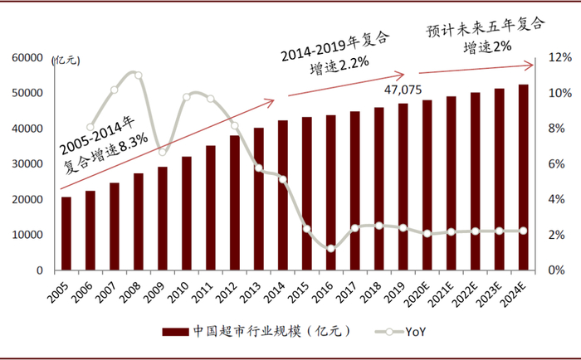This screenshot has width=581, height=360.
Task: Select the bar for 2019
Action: [403, 187]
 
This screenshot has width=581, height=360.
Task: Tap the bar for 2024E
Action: [524, 178]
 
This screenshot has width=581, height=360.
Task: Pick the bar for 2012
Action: [235, 202]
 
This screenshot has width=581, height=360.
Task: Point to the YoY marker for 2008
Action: [139, 75]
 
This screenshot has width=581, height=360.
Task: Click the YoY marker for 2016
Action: [331, 248]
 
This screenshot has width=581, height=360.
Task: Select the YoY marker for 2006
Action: [90, 127]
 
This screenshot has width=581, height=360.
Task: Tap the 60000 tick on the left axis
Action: [28, 58]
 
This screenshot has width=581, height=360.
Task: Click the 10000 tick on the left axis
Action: [28, 235]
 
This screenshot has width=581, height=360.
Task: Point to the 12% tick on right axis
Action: [559, 58]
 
